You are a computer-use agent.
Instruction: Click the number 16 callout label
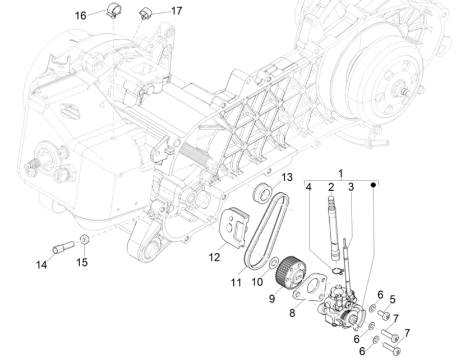(81, 15)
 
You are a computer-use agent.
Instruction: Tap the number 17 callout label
(176, 11)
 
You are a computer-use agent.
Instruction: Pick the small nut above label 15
(83, 239)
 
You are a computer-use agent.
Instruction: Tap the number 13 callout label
(287, 177)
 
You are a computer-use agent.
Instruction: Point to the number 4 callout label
(309, 187)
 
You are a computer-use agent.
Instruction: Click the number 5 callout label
(392, 299)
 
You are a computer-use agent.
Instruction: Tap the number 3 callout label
(351, 187)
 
